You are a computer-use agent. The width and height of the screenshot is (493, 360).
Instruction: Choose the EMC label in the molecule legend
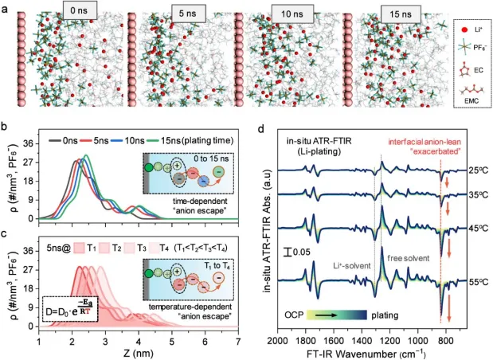471,100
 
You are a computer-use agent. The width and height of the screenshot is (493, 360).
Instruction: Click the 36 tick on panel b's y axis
27,145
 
